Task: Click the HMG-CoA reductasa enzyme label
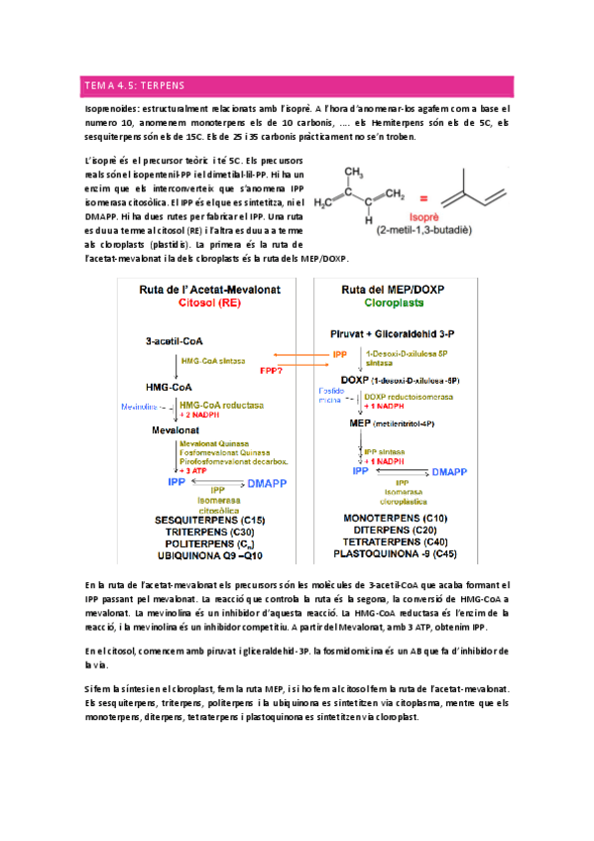coord(221,405)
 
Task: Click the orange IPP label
coord(340,352)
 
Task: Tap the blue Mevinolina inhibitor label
coord(140,407)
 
